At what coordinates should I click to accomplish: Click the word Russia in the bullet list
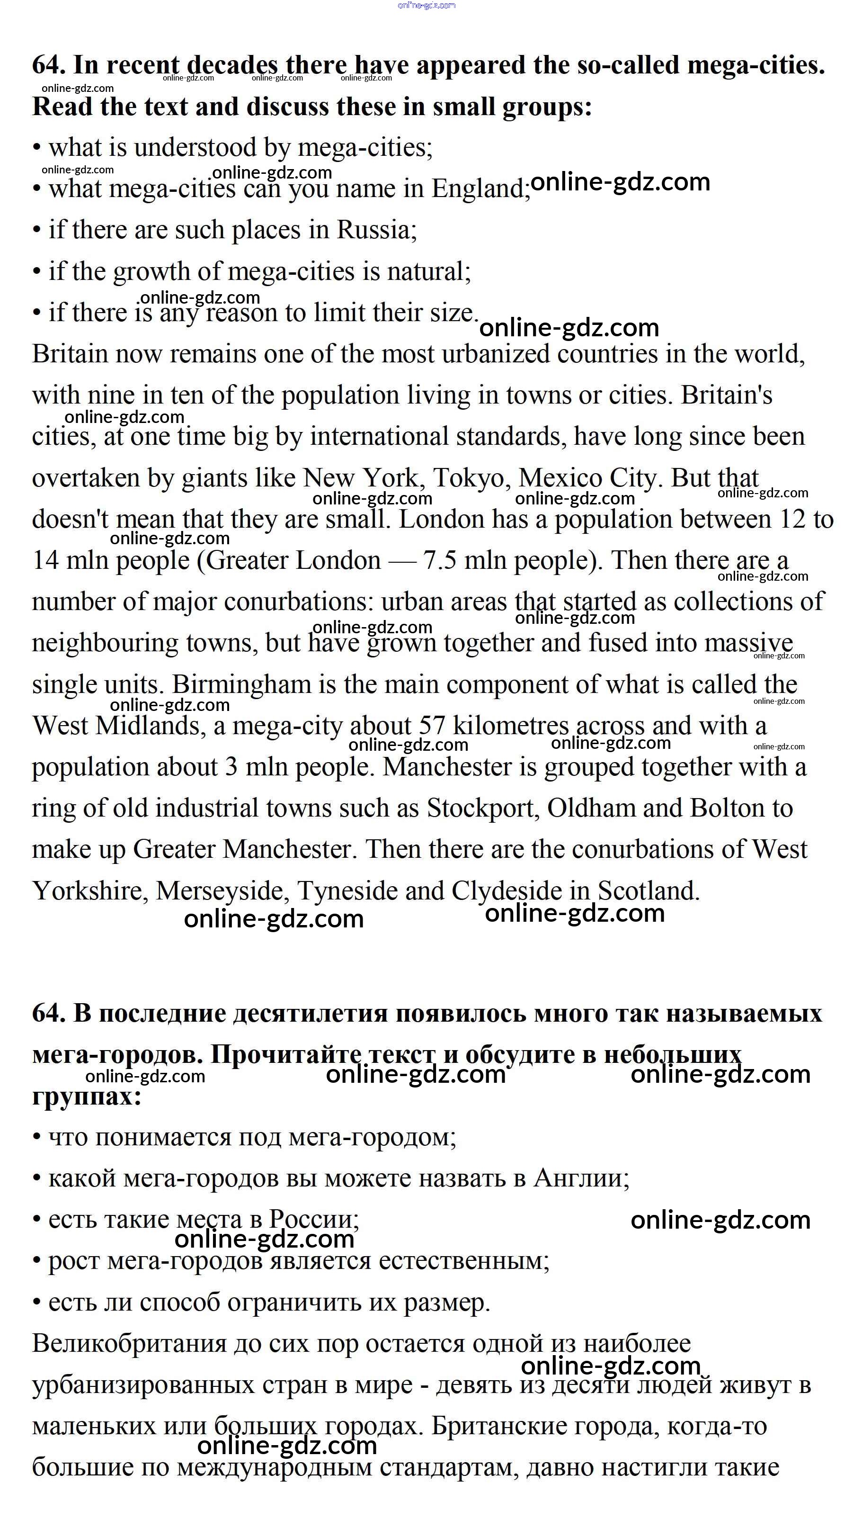(x=376, y=230)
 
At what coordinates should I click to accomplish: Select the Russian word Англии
(x=581, y=1178)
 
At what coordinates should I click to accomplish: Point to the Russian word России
(x=313, y=1220)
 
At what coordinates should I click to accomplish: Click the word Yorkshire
(x=90, y=891)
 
